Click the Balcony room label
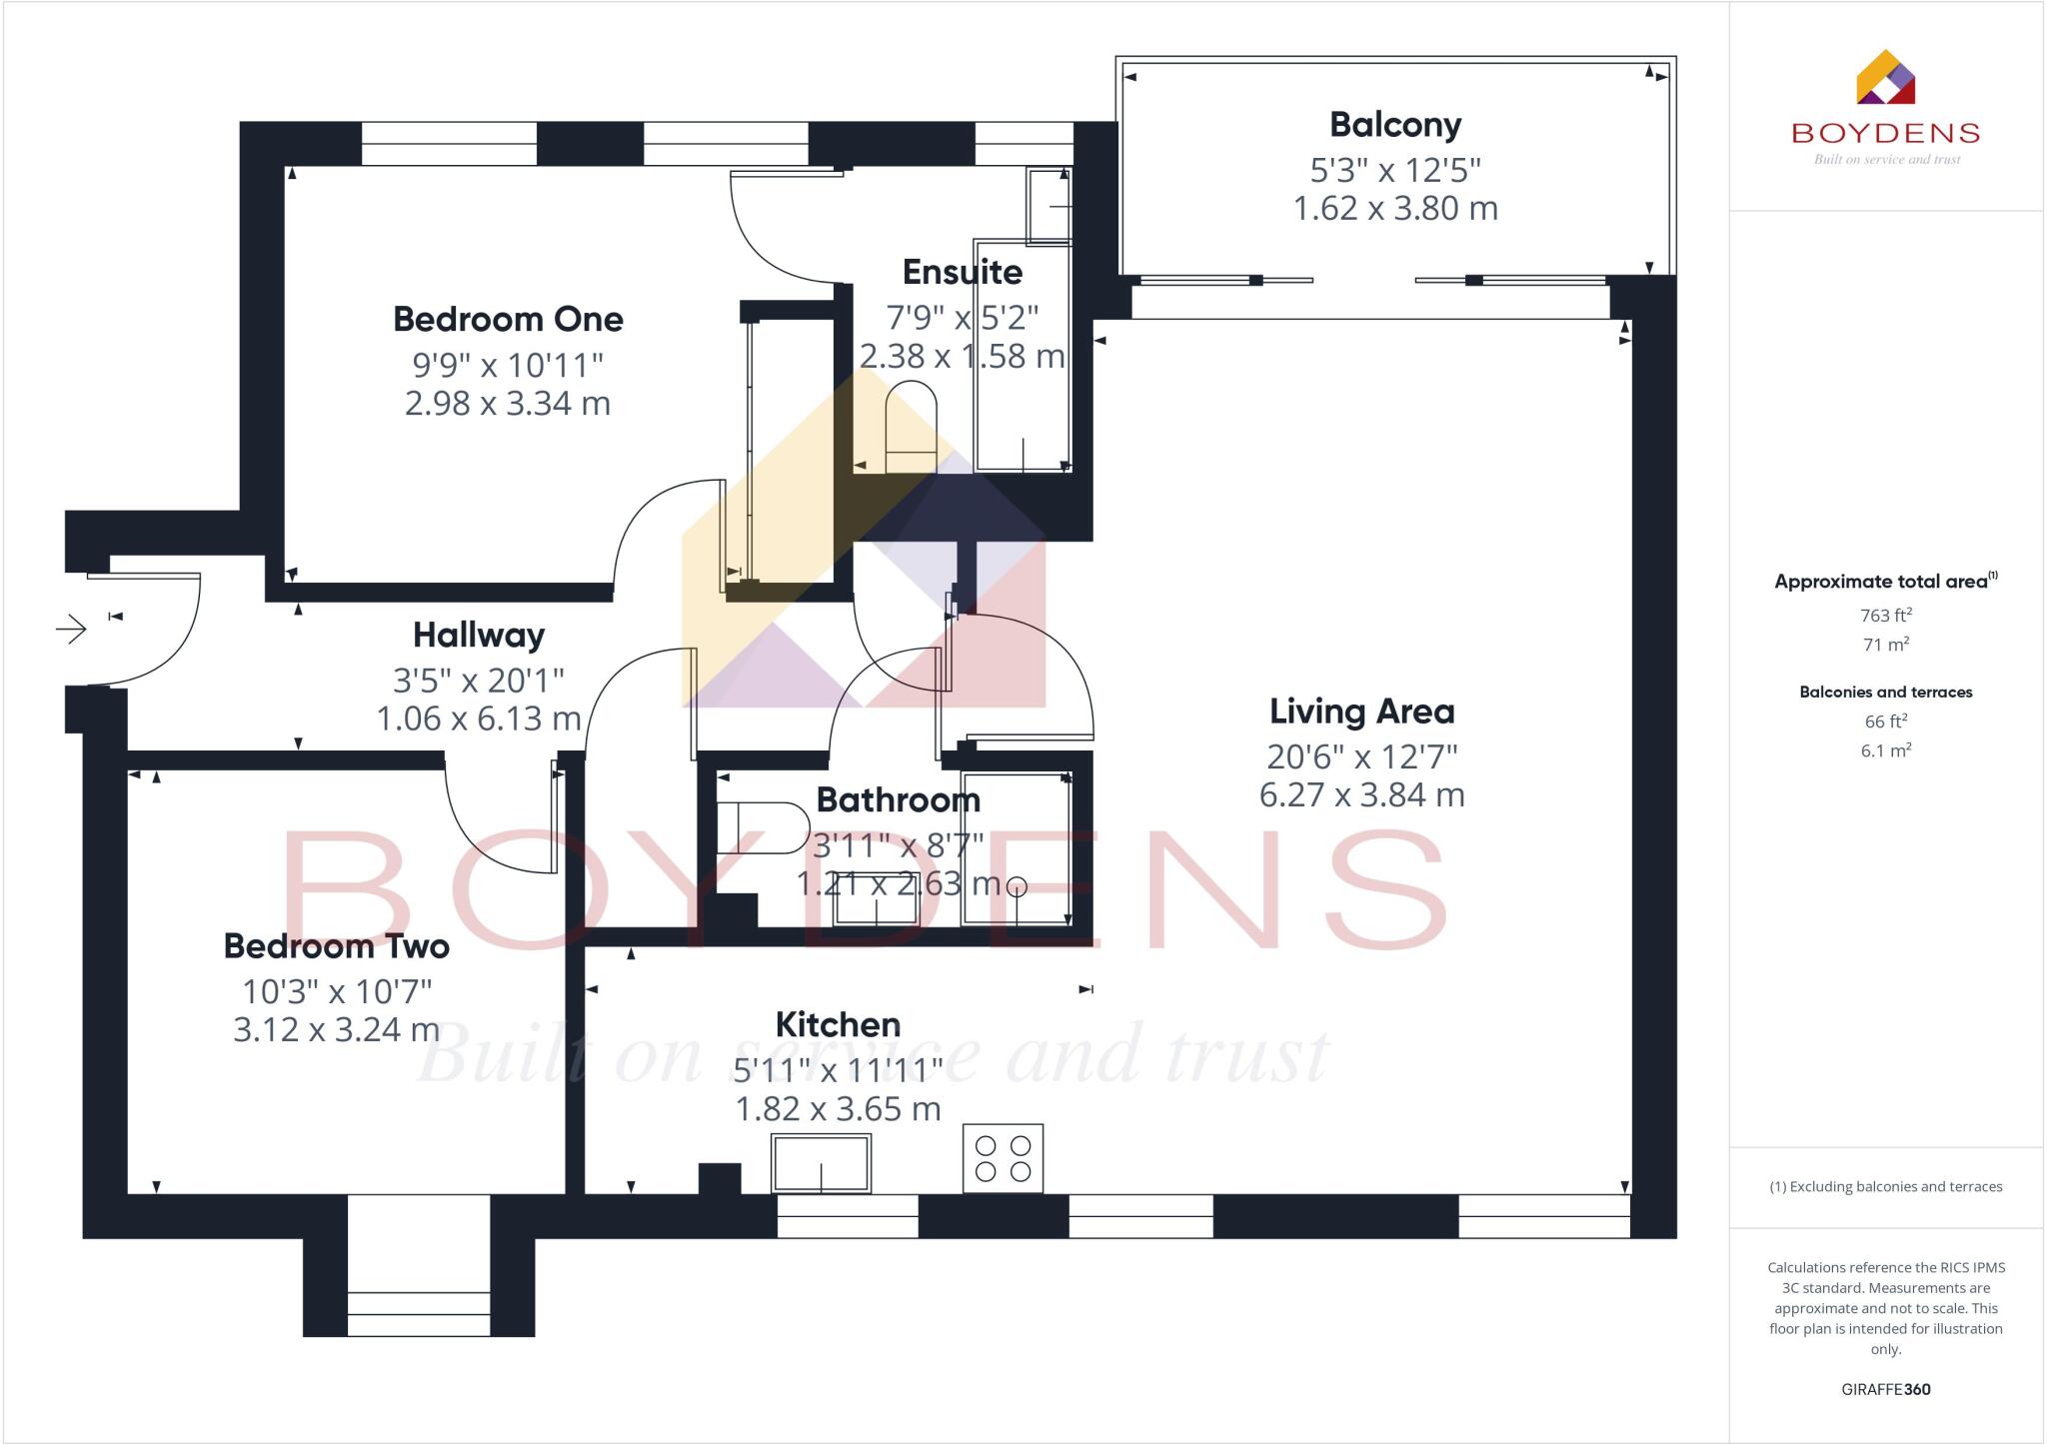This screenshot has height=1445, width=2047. tap(1395, 125)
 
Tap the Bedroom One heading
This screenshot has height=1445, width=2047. tap(508, 320)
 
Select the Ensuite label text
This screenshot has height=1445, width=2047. tap(962, 272)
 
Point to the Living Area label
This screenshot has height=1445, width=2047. tap(1361, 712)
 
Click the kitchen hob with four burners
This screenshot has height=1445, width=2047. tap(1003, 1158)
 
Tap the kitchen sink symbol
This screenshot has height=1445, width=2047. tap(821, 1163)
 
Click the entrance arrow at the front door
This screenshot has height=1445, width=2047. tap(71, 630)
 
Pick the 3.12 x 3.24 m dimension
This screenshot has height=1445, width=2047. tap(336, 1029)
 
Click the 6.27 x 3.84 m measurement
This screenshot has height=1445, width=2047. tap(1361, 795)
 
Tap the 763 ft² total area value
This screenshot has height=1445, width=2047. tap(1885, 616)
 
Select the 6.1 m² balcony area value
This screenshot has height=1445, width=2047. tap(1885, 750)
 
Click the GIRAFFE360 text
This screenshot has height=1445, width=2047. tap(1885, 1389)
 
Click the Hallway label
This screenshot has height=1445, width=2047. tap(479, 636)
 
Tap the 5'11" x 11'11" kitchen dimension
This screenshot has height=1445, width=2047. tap(838, 1070)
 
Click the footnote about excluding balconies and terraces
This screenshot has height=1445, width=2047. tap(1885, 1187)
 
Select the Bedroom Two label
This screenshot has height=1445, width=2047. tap(336, 946)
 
